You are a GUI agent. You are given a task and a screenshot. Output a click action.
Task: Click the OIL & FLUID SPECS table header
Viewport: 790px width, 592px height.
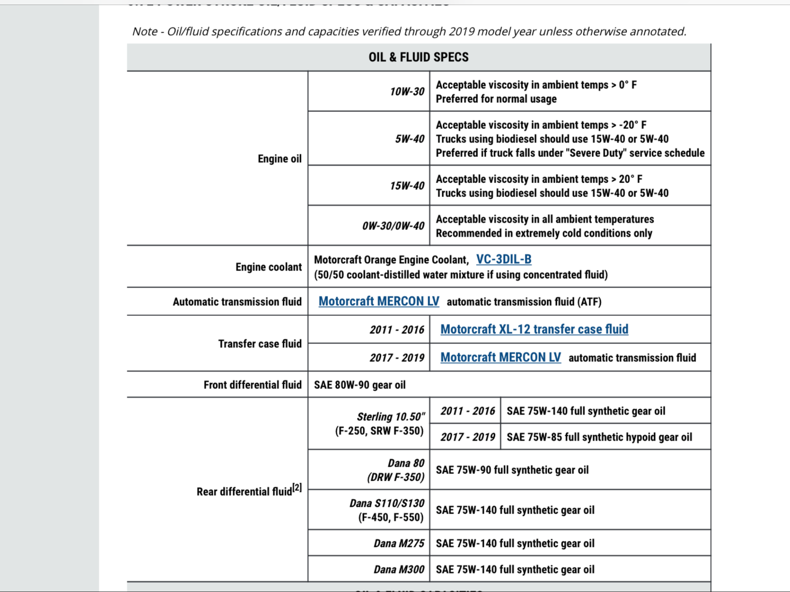[x=418, y=57]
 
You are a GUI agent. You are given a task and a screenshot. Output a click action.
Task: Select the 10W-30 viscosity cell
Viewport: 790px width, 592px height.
[x=407, y=92]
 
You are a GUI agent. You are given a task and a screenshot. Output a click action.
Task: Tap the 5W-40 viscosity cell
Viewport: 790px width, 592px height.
[x=410, y=139]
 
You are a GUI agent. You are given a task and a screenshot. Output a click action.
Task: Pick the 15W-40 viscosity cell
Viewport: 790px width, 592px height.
[x=407, y=185]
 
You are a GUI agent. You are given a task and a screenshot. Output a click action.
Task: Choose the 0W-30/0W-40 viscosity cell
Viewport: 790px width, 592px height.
[x=393, y=226]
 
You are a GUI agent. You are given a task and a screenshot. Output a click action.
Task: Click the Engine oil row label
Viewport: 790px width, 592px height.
[x=279, y=159]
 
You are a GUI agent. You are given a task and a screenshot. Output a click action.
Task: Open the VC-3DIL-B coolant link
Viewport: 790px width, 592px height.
[x=504, y=259]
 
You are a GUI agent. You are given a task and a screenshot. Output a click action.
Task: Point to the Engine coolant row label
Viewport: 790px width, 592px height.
[x=269, y=267]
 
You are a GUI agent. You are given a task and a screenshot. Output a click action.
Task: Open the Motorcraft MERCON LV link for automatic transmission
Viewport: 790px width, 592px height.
[x=379, y=302]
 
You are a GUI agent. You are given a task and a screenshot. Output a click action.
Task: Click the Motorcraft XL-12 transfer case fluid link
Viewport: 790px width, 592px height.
[x=534, y=329]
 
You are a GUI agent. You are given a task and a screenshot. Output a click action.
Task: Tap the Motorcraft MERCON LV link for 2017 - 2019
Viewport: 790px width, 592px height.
[x=500, y=358]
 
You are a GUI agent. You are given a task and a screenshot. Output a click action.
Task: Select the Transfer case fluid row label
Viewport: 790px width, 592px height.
[x=260, y=344]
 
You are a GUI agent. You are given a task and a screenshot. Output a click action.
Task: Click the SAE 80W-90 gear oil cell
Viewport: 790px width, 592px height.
[x=359, y=385]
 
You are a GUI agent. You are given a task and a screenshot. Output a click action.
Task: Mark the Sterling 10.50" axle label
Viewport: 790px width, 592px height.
[x=391, y=417]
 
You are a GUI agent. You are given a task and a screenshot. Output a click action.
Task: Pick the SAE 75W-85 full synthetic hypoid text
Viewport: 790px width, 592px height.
[x=599, y=437]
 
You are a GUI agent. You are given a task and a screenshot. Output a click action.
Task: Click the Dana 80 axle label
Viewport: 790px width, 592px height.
[x=406, y=463]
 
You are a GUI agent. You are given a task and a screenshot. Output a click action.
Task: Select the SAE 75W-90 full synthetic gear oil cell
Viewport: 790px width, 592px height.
[x=512, y=470]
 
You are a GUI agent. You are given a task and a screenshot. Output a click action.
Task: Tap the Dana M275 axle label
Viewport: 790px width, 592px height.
[x=399, y=543]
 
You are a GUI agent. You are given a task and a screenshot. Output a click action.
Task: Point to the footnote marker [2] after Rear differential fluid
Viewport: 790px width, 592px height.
[x=297, y=487]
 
